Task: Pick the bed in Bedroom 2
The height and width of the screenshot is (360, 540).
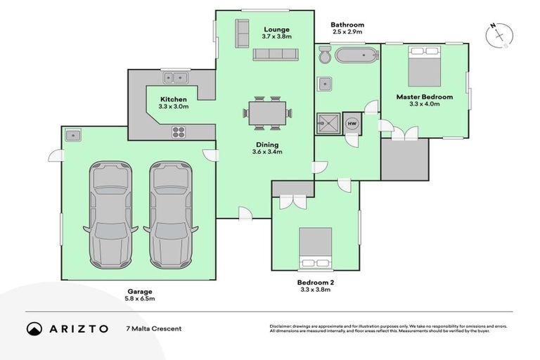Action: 314,247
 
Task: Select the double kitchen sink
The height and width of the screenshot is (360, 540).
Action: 174,77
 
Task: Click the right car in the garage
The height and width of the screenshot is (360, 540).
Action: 170,215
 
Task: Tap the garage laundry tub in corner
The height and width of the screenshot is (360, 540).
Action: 73,134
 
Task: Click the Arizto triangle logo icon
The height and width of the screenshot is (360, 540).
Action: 34,328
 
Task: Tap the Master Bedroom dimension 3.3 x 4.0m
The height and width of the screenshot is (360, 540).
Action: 424,104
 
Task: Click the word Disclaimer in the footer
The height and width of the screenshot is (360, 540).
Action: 283,326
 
